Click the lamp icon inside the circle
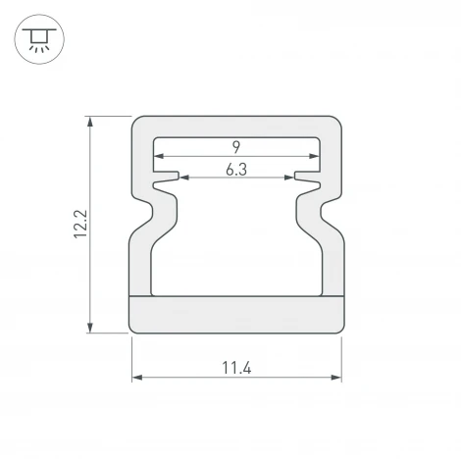click(x=37, y=37)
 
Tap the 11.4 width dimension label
click(x=236, y=368)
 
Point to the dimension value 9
click(x=236, y=147)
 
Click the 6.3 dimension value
click(x=236, y=170)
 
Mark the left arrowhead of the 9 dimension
click(x=156, y=156)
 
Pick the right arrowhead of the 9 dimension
click(x=316, y=156)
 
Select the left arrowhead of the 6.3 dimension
click(x=183, y=179)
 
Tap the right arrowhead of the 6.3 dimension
click(x=289, y=179)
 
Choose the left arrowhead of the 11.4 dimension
click(x=136, y=377)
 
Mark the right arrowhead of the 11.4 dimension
click(x=336, y=377)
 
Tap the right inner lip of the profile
click(x=306, y=179)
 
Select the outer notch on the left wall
click(x=138, y=206)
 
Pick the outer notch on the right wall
click(x=334, y=206)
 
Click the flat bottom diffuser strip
click(x=236, y=314)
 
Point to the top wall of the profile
click(x=236, y=128)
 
